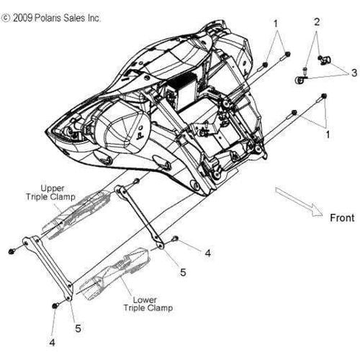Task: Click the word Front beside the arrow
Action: tap(342, 218)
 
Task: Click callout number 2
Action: tap(317, 22)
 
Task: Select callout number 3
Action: tap(354, 73)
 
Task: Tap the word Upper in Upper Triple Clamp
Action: tap(53, 189)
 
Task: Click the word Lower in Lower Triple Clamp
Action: tap(145, 300)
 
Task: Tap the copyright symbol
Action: tap(6, 18)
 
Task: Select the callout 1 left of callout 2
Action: tap(276, 24)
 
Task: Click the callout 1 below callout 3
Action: tap(328, 135)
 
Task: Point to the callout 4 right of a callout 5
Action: tap(208, 253)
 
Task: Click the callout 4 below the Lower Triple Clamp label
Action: tap(52, 342)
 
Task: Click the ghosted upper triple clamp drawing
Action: tap(76, 214)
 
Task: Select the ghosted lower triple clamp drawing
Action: tap(115, 274)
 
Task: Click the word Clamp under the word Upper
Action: tap(63, 197)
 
